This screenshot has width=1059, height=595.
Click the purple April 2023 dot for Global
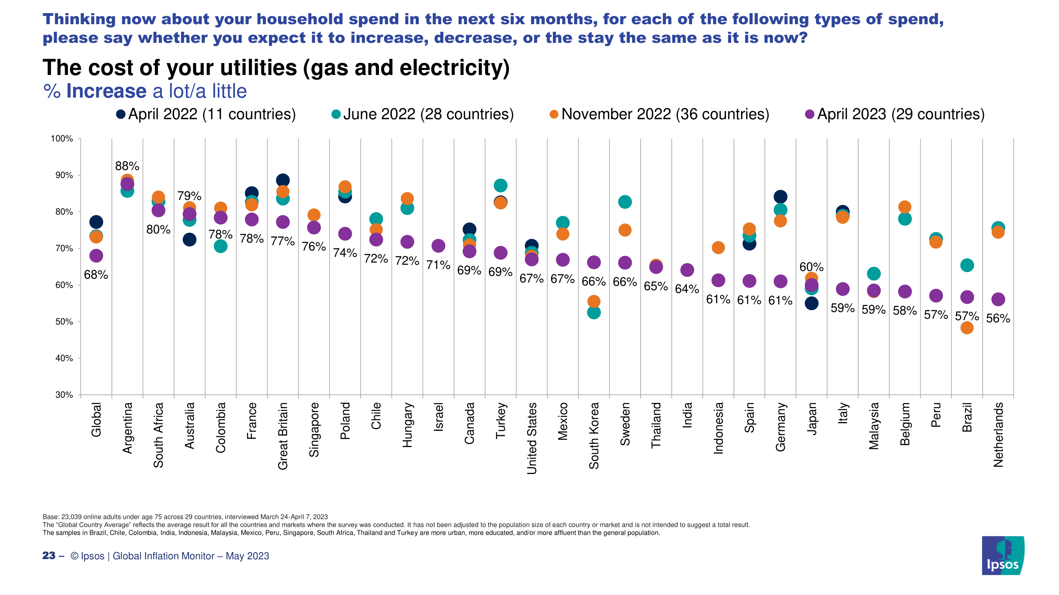[96, 256]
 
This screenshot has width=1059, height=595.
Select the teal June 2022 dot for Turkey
[500, 186]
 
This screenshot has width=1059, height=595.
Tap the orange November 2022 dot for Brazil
[967, 328]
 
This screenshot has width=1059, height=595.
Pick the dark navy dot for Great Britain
[283, 180]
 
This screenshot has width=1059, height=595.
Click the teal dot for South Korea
[594, 313]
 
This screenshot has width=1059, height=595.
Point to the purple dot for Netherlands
[998, 299]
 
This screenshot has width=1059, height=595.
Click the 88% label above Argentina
[127, 166]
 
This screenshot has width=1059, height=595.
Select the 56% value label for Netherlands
[998, 318]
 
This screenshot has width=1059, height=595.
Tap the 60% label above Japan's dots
[812, 267]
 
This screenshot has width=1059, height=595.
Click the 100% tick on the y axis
[62, 139]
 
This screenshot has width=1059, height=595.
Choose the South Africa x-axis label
[158, 435]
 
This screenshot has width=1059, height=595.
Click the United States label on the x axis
[532, 438]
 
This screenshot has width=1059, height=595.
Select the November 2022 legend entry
[660, 114]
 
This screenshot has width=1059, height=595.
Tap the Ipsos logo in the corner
[1003, 555]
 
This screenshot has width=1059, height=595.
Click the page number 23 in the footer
[49, 556]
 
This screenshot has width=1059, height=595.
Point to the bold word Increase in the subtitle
[106, 91]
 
